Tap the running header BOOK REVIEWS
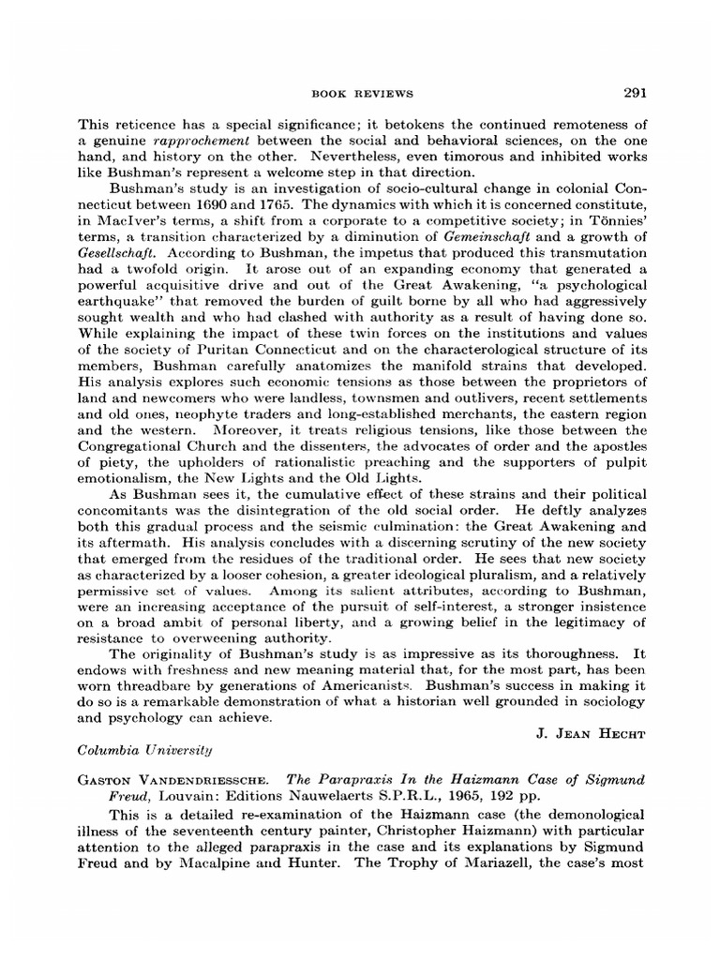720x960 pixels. [361, 94]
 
